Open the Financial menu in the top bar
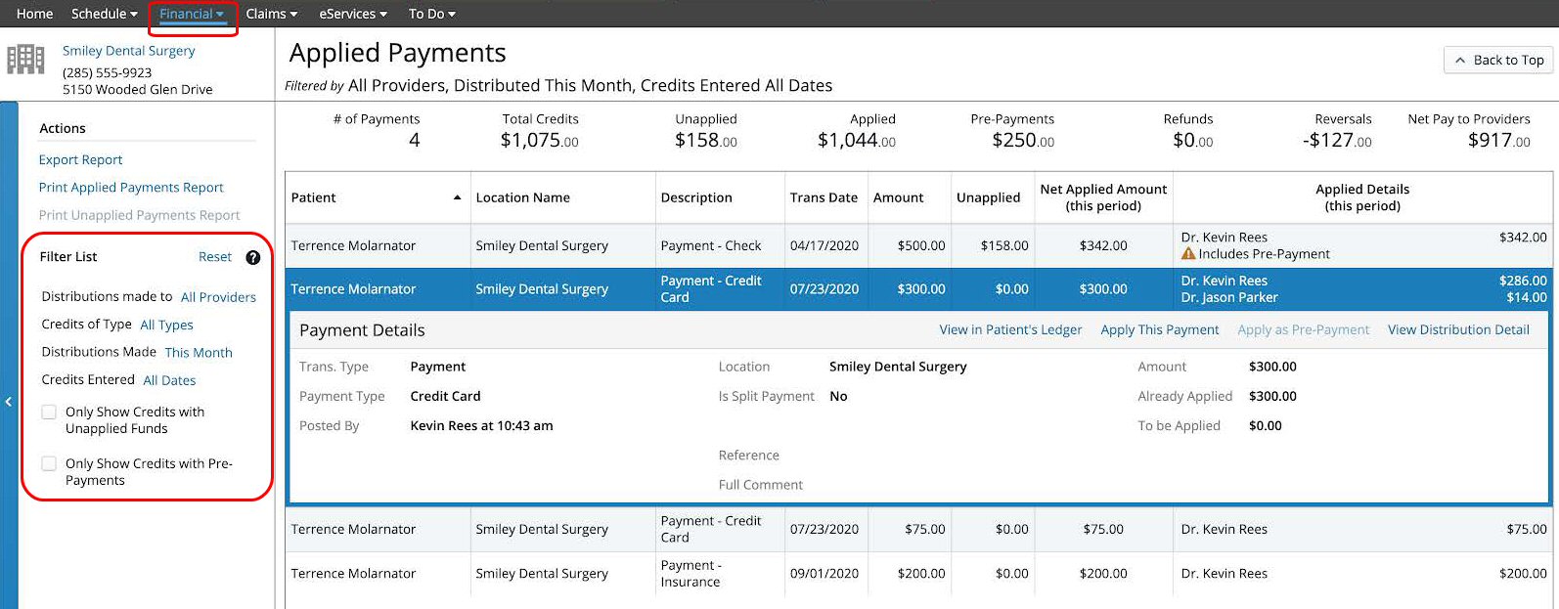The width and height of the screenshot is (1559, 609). point(192,14)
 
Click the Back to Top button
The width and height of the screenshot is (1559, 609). point(1499,60)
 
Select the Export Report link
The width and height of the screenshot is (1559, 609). point(80,159)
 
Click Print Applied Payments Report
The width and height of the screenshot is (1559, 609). point(131,187)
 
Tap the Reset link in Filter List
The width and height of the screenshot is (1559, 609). point(214,256)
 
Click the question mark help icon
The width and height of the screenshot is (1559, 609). point(252,257)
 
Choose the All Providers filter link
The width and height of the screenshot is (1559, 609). point(218,297)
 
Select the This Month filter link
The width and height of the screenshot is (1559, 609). point(199,353)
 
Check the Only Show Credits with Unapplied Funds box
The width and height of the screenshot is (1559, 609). point(49,413)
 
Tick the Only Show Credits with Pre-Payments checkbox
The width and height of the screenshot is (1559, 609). point(49,463)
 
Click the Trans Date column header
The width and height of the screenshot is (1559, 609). point(824,197)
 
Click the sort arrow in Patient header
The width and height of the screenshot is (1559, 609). point(457,197)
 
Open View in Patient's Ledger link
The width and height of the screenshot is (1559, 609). point(1010,329)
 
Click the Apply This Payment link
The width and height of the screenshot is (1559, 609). point(1159,329)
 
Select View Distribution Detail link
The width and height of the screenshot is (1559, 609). point(1457,329)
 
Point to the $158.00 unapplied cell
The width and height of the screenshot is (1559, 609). point(1004,245)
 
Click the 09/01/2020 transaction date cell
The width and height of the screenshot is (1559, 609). point(824,574)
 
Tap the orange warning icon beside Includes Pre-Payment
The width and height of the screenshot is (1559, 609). point(1188,254)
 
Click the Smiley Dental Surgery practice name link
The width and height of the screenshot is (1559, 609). point(128,51)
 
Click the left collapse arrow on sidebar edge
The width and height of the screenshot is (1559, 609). point(8,401)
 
